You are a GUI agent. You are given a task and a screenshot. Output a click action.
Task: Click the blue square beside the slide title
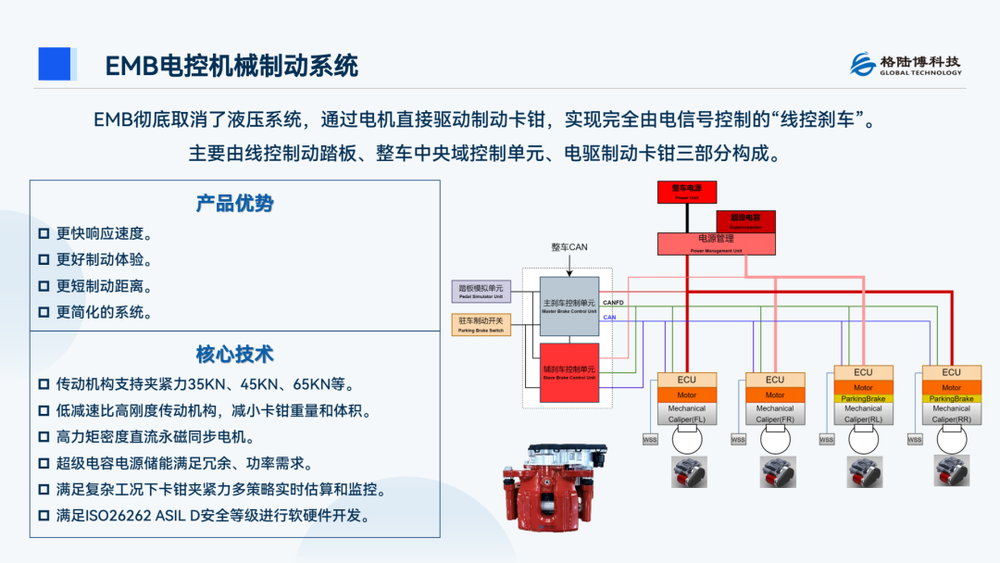[x=55, y=64]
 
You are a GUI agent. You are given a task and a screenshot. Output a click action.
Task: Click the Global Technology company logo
[x=906, y=64]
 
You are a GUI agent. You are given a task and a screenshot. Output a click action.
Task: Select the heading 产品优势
[x=234, y=203]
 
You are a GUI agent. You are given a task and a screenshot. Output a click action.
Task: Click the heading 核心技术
[x=234, y=355]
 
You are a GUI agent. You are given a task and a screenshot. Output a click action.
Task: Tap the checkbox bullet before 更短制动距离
[x=44, y=286]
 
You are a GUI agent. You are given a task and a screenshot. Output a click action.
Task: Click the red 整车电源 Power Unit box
[x=686, y=192]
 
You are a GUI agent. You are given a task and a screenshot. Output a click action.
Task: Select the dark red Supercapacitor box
[x=745, y=220]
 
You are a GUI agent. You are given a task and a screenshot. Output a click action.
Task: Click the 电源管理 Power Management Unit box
[x=717, y=243]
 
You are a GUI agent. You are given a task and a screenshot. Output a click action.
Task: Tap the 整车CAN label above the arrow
[x=569, y=247]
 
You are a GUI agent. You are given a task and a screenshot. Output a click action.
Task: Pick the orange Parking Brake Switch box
[x=481, y=324]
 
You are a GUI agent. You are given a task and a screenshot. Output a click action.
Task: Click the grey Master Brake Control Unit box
[x=569, y=306]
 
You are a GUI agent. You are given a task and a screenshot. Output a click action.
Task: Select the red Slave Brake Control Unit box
[x=569, y=371]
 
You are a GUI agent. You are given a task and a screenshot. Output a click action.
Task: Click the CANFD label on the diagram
[x=613, y=302]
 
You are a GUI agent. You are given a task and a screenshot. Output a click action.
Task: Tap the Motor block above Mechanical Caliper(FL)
[x=686, y=394]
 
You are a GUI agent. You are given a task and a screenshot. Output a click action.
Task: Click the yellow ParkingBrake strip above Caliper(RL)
[x=863, y=399]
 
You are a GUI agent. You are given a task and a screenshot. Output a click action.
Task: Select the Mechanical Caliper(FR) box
[x=775, y=413]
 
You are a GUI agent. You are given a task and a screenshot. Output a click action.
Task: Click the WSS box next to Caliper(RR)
[x=915, y=440]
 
